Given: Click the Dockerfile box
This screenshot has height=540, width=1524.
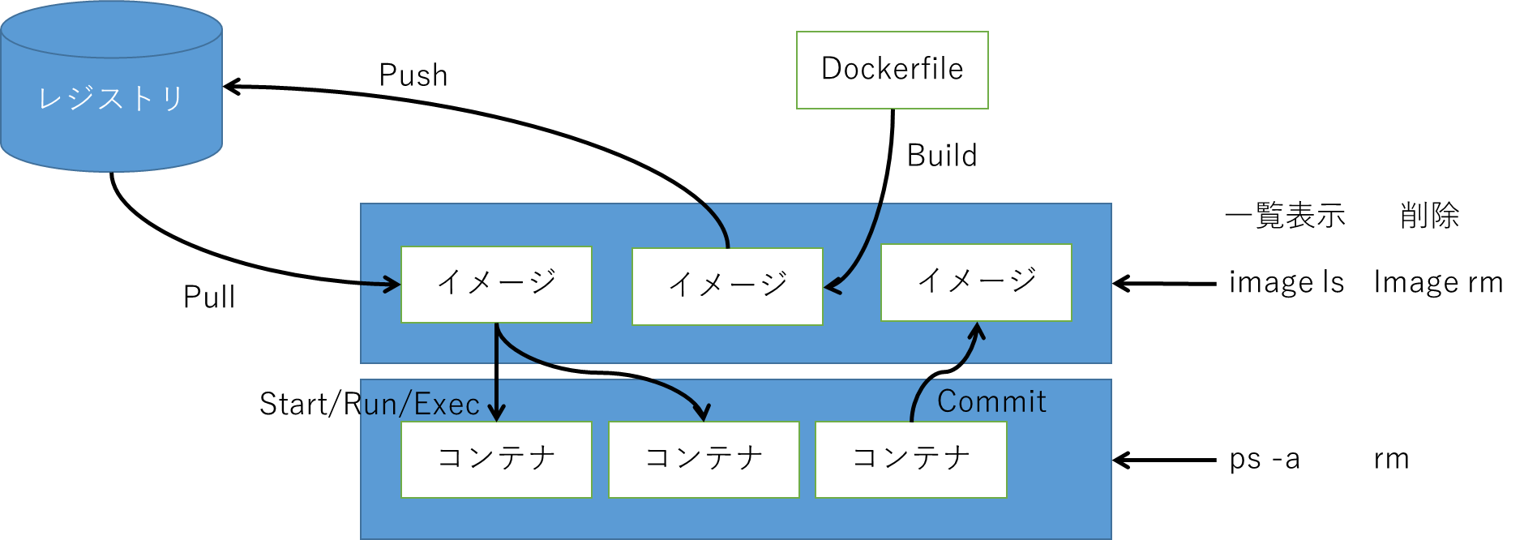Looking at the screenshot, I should click(x=892, y=70).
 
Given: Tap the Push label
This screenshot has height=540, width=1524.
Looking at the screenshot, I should click(x=413, y=75).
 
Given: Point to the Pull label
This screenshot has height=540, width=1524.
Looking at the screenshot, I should click(x=209, y=298).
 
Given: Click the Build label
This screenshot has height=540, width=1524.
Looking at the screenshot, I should click(x=942, y=156).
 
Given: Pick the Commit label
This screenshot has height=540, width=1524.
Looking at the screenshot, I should click(x=991, y=401).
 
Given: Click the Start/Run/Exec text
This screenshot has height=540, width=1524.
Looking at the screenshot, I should click(x=370, y=404).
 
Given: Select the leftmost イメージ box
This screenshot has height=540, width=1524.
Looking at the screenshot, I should click(x=496, y=285).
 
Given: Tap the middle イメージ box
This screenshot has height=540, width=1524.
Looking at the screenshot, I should click(x=727, y=286).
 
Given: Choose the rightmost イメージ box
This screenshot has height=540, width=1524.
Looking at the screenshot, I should click(x=976, y=282).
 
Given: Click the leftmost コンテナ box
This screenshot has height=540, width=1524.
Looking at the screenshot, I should click(x=496, y=459).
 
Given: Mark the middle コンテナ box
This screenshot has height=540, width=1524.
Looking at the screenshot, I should click(x=704, y=459).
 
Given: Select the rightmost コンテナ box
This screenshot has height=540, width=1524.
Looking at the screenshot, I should click(x=910, y=459).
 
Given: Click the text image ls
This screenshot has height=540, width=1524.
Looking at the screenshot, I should click(x=1286, y=283).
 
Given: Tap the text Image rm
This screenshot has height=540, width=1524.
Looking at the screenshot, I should click(x=1438, y=283).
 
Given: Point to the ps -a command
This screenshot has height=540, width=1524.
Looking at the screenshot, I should click(x=1265, y=460).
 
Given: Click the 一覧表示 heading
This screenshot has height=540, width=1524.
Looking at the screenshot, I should click(x=1285, y=216).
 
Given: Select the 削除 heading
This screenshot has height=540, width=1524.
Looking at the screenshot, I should click(x=1429, y=216).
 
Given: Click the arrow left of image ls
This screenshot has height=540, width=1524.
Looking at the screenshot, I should click(x=1164, y=284).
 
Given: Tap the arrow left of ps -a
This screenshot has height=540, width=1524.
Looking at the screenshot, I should click(x=1164, y=461).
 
